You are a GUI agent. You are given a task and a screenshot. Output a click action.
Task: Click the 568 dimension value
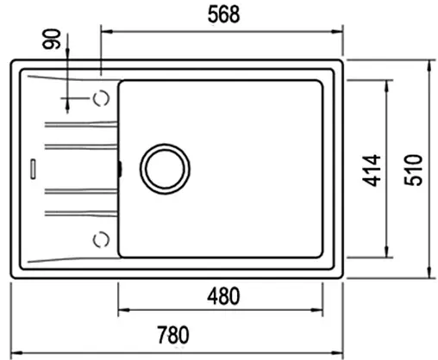point(222,15)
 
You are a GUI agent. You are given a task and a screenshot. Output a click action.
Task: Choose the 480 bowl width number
point(222,296)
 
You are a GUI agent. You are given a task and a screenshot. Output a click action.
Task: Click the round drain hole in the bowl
point(165,167)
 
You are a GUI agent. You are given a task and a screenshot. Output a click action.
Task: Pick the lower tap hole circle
point(101,237)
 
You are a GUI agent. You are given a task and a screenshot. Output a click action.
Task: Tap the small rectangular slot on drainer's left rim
point(32,167)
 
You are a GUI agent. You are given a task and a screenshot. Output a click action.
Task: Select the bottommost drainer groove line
point(78,211)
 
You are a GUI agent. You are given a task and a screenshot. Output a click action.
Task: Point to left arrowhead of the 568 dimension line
point(105,29)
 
